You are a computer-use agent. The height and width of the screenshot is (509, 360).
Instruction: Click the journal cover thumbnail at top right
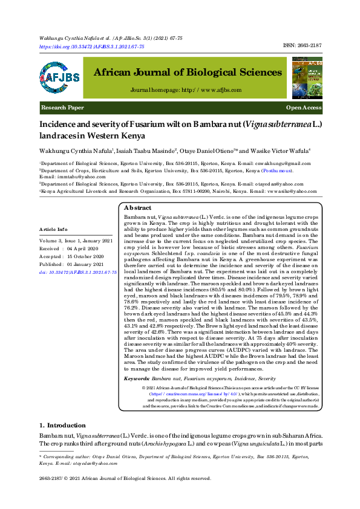pos(307,77)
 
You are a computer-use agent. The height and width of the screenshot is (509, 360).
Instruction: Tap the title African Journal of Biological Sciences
pos(187,73)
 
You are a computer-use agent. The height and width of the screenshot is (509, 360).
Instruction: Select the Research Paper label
pos(62,108)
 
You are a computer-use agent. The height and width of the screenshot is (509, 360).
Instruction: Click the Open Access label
pos(304,108)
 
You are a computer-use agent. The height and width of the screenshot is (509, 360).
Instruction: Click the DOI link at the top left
pos(91,47)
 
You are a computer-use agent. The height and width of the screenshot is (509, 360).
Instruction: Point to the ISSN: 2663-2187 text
pos(302,46)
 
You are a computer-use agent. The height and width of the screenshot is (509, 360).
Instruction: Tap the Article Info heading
pos(53,230)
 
